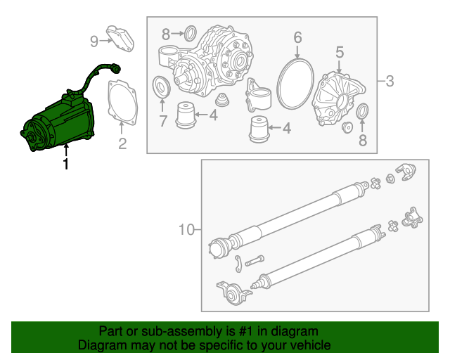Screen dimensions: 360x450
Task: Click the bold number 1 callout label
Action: coord(66,165)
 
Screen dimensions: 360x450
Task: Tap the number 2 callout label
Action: coord(122,145)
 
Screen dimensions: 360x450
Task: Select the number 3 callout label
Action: coord(389,82)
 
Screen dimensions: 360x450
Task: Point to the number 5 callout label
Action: coord(339,52)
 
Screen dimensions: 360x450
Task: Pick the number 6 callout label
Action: coord(297,37)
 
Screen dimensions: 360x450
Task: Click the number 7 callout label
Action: coord(162,121)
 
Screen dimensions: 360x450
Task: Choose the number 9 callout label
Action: coord(94,41)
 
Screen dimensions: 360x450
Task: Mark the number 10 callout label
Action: coord(186,229)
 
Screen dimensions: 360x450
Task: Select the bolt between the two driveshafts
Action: coord(255,260)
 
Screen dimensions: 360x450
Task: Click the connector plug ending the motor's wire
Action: coord(113,70)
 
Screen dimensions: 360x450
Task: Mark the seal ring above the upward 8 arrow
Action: coord(363,111)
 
